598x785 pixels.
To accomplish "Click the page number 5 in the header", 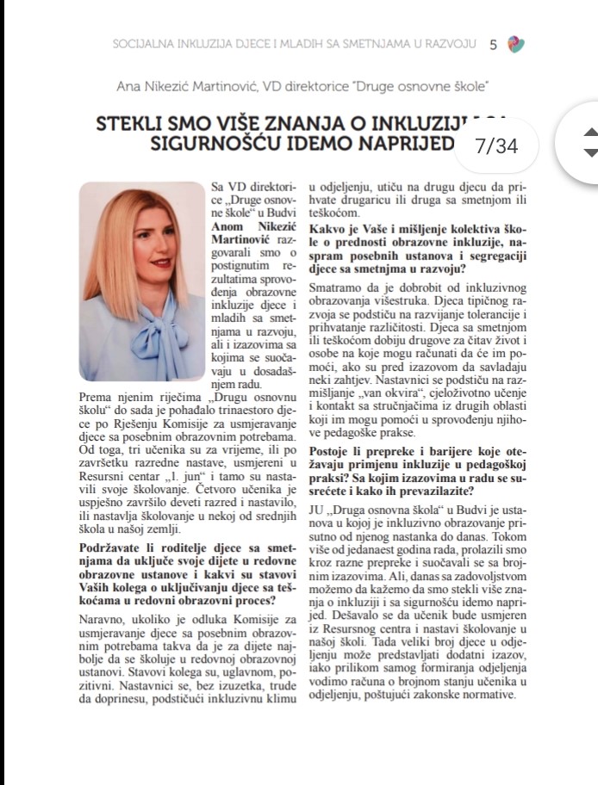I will (493, 44).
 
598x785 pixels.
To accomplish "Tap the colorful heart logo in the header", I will (516, 44).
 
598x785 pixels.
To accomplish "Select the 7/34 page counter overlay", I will (496, 146).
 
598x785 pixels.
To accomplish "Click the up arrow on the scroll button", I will (590, 133).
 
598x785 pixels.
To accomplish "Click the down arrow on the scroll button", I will (590, 152).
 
